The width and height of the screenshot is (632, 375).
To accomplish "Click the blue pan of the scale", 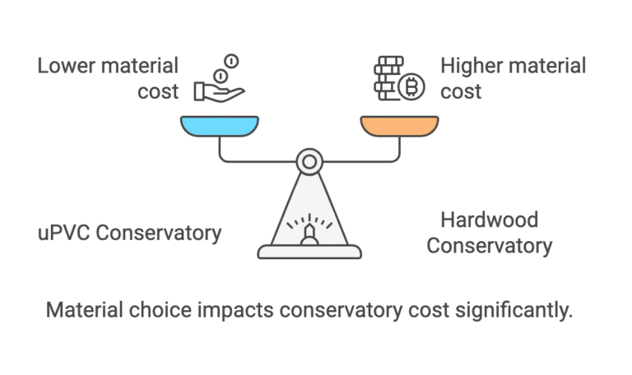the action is pyautogui.click(x=220, y=126).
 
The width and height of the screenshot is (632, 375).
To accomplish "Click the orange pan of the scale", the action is pyautogui.click(x=399, y=126).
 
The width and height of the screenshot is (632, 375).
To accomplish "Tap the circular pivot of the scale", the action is pyautogui.click(x=309, y=162).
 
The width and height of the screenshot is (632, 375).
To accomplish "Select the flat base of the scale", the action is pyautogui.click(x=309, y=252).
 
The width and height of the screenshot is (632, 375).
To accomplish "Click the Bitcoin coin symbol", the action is pyautogui.click(x=411, y=86).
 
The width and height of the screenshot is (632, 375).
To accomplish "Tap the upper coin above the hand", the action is pyautogui.click(x=231, y=61).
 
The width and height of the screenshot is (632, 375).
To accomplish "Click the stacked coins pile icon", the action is pyautogui.click(x=388, y=78).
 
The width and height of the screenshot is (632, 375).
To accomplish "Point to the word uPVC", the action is pyautogui.click(x=63, y=233).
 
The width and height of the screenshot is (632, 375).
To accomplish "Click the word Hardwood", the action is pyautogui.click(x=490, y=220).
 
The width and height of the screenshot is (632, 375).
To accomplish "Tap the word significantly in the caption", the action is pyautogui.click(x=513, y=311).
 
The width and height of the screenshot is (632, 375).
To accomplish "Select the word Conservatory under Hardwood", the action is pyautogui.click(x=490, y=246).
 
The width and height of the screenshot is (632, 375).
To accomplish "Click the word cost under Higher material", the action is pyautogui.click(x=461, y=92).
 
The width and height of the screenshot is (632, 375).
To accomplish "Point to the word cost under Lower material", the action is pyautogui.click(x=158, y=92).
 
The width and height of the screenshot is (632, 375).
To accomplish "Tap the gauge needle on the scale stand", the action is pyautogui.click(x=309, y=234).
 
